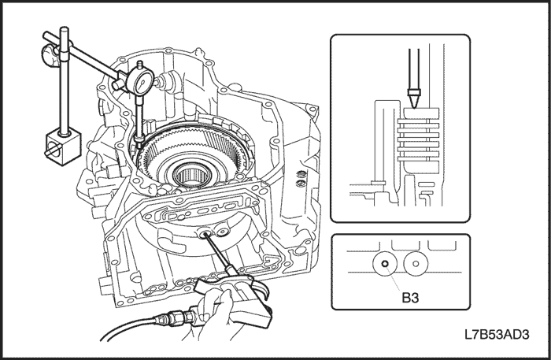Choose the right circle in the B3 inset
point(416,265)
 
